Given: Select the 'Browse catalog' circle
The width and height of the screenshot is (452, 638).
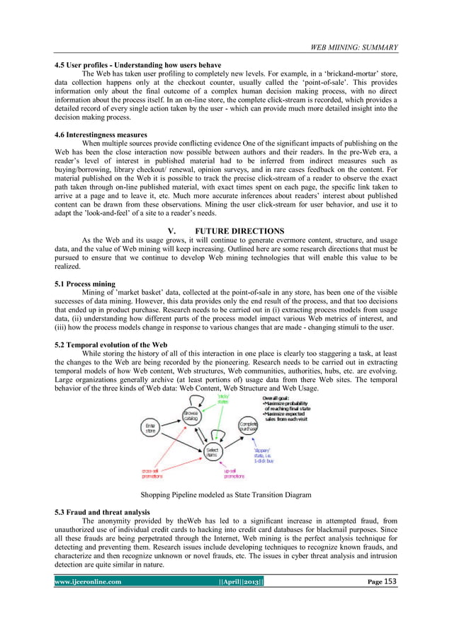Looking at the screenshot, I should click(191, 416).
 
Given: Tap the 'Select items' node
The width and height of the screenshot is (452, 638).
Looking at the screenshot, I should click(212, 450).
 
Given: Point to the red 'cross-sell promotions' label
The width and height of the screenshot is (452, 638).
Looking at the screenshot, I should click(149, 471).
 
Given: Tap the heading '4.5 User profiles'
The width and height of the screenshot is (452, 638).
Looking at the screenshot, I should click(138, 65).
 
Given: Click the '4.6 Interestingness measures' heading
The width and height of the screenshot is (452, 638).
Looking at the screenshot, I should click(101, 134).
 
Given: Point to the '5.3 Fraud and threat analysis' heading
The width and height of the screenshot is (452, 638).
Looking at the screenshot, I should click(103, 511).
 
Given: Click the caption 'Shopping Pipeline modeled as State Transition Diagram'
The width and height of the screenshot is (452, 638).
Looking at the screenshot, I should click(225, 495).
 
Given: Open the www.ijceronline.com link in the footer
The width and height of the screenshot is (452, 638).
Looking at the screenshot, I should click(91, 582).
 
